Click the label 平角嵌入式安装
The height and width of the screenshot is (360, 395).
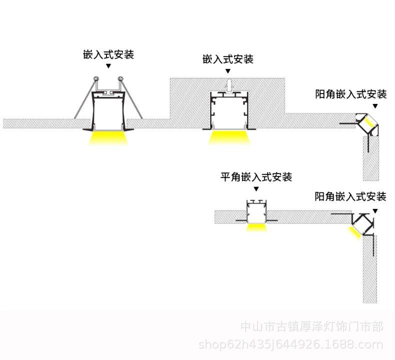[256, 177]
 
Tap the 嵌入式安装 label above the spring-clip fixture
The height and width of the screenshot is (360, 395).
[108, 54]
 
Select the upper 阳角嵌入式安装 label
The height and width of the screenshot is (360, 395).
[351, 94]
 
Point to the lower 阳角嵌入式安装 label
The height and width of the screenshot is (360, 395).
[350, 196]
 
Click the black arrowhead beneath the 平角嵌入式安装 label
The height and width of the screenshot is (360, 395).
[256, 189]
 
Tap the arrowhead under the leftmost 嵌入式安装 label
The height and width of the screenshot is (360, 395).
[108, 65]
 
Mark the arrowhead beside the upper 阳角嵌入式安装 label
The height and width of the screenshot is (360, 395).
[376, 106]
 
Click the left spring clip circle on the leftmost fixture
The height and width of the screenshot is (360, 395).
[95, 79]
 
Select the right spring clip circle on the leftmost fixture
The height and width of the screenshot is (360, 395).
[120, 79]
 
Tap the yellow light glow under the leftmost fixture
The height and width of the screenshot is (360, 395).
[108, 138]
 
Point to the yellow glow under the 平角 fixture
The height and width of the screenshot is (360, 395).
[256, 227]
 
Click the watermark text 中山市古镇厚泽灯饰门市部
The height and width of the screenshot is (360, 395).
[312, 327]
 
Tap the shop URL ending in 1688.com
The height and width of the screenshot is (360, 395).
[291, 344]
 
